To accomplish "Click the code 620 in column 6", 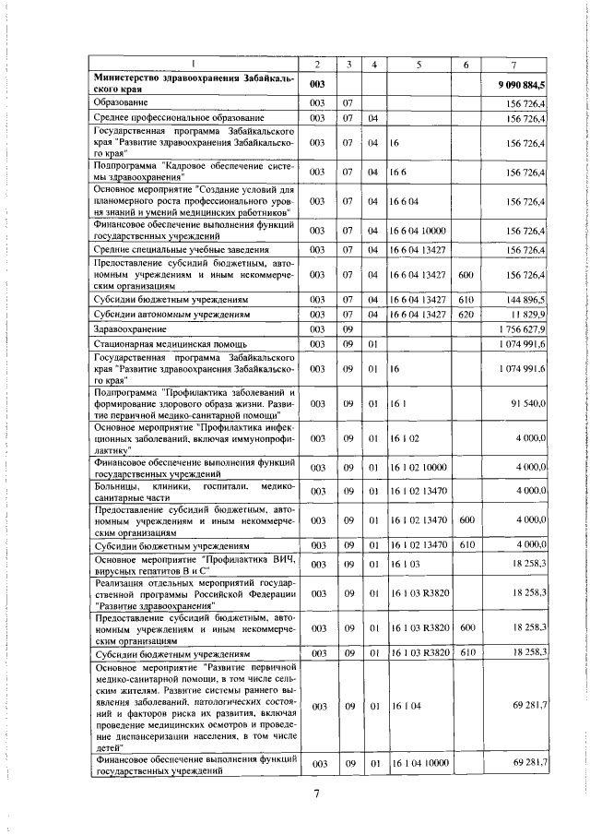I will click(466, 315).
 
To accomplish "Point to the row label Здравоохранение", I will click(129, 329).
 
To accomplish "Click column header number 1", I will click(194, 64).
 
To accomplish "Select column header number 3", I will click(349, 64).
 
